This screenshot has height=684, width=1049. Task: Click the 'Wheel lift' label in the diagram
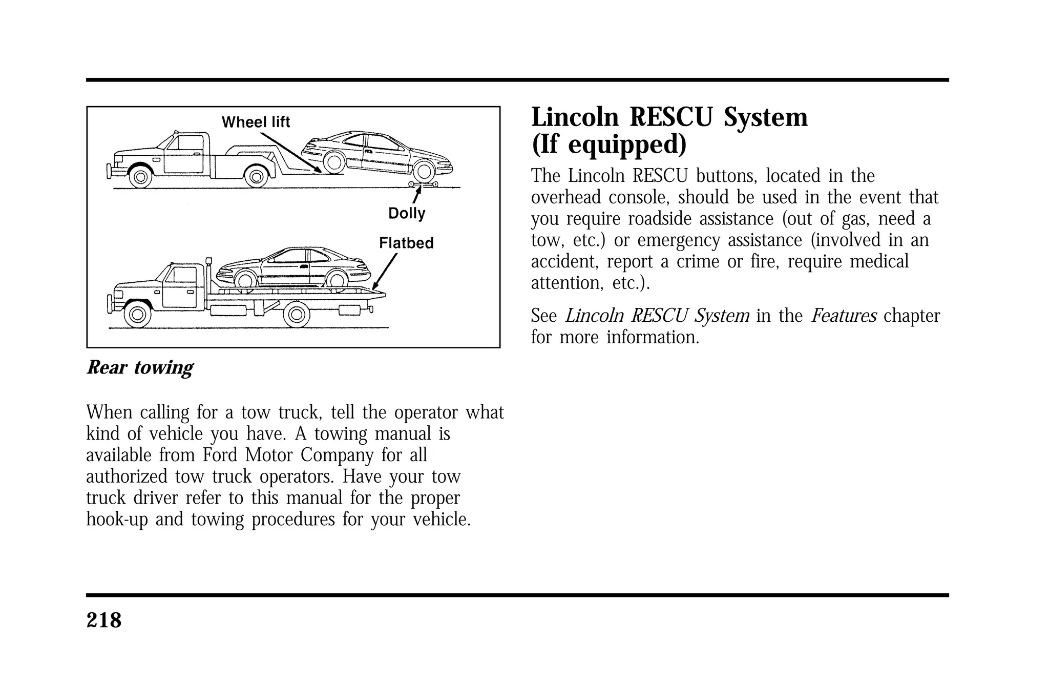(x=256, y=122)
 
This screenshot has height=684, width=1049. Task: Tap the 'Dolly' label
(x=407, y=213)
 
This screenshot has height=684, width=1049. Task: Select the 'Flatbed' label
(x=406, y=243)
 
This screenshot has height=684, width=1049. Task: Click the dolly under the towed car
(x=423, y=183)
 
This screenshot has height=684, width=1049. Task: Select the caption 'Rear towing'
(x=140, y=367)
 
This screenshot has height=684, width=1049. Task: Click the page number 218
(x=104, y=620)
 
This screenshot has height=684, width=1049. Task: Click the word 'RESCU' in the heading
(x=673, y=117)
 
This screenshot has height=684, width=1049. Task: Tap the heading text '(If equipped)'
(x=609, y=144)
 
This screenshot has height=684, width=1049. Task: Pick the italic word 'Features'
(x=844, y=316)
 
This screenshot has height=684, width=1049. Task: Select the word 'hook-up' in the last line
(x=117, y=520)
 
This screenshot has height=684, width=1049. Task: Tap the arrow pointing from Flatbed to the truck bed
(x=385, y=272)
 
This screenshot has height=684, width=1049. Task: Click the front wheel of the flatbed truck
(x=137, y=315)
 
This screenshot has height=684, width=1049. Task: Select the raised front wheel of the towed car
(x=334, y=162)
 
